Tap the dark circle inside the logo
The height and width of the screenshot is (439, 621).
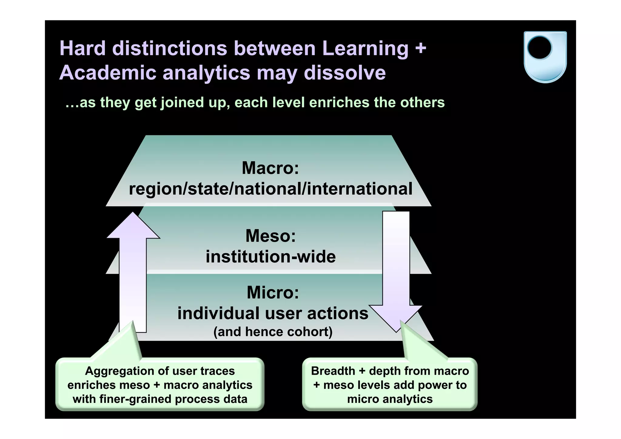(539, 47)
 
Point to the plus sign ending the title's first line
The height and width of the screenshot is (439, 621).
(421, 49)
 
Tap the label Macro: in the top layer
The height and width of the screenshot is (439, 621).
(270, 168)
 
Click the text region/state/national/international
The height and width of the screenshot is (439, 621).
(270, 189)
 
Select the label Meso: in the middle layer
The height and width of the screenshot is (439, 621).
(270, 236)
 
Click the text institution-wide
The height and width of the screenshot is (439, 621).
(270, 257)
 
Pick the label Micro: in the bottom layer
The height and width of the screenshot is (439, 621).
(273, 292)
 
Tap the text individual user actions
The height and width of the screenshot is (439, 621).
(273, 313)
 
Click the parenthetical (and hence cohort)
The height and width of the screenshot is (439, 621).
(273, 332)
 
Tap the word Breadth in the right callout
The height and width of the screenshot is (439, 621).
(333, 371)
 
